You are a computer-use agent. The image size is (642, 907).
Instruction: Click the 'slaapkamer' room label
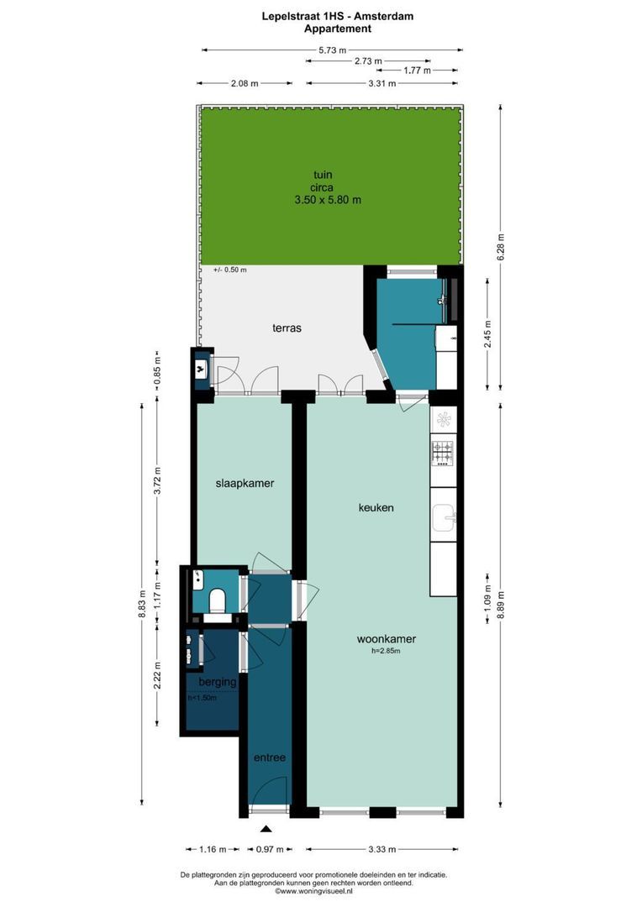click(x=245, y=484)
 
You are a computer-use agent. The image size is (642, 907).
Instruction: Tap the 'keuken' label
click(x=376, y=508)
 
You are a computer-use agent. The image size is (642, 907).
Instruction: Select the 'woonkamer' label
click(x=386, y=638)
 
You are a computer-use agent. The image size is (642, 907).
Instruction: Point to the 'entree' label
click(x=270, y=758)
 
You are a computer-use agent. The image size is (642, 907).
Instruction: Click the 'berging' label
click(x=217, y=682)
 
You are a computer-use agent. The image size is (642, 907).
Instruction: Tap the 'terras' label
click(x=286, y=328)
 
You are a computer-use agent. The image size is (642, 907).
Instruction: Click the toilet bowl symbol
click(x=217, y=600)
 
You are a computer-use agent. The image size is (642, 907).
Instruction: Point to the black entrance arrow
click(x=266, y=831)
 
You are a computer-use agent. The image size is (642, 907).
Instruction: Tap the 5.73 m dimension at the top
click(x=332, y=50)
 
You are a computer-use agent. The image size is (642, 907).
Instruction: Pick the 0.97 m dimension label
click(x=269, y=849)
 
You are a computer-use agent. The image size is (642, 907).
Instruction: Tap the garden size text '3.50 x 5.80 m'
click(x=328, y=200)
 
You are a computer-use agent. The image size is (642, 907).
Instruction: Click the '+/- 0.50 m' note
click(x=230, y=270)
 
